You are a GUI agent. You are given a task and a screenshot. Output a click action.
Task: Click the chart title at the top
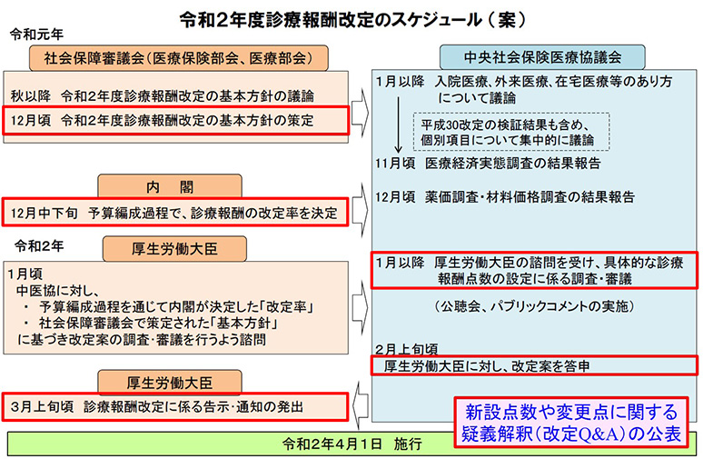pos(351,19)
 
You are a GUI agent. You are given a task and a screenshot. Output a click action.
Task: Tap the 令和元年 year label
pos(36,35)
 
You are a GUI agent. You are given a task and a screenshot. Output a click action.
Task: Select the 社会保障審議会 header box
pos(178,58)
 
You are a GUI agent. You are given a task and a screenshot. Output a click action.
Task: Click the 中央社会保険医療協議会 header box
pos(542,57)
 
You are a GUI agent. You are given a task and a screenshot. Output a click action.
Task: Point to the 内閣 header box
pos(170,185)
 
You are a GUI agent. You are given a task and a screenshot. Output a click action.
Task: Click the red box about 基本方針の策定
pos(176,120)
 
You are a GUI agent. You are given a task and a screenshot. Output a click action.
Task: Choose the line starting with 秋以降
pos(163,95)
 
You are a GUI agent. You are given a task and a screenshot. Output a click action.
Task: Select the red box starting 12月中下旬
pos(175,212)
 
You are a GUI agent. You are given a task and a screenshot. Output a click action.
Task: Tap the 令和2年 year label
pos(39,246)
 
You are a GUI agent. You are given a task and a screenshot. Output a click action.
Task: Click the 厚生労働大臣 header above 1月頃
pos(174,248)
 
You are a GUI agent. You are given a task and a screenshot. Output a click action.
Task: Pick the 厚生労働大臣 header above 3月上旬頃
pos(170,383)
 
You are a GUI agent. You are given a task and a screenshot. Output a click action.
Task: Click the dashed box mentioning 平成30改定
pos(511,132)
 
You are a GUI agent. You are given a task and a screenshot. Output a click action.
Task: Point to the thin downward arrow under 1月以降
pos(398,125)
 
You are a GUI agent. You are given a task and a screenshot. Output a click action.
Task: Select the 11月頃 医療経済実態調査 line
pos(488,163)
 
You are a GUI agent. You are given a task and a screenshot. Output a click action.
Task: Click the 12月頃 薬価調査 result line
pos(505,196)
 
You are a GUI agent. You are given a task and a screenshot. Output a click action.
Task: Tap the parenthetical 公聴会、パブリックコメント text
pos(534,306)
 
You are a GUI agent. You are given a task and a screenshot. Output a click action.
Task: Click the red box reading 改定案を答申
pos(534,365)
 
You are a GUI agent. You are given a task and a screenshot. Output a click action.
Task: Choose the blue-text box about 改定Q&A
pos(571,423)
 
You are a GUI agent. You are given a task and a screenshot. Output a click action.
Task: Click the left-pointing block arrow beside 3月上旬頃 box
pos(360,404)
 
